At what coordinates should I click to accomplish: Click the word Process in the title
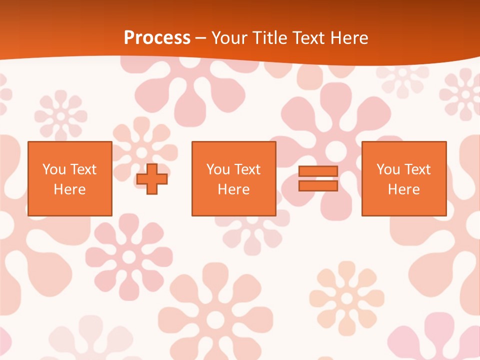157,38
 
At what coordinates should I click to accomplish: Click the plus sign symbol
152,178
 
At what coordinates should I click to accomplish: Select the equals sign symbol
318,178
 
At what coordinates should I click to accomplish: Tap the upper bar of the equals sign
318,171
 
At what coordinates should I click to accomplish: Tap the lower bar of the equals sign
318,185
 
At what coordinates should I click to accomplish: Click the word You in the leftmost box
54,169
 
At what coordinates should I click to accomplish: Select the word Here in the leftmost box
69,189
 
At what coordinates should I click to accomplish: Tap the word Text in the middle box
247,169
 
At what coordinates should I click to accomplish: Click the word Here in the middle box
233,189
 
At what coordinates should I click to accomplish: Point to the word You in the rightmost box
388,169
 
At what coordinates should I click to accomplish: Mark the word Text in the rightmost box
417,169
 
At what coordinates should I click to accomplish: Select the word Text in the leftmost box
83,169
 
